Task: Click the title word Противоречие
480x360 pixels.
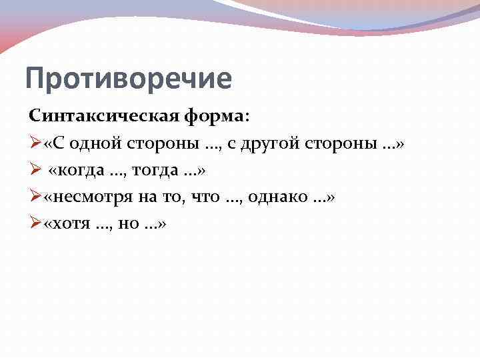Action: point(128,79)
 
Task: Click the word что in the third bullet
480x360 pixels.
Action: point(204,197)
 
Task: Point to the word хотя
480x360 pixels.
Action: point(73,224)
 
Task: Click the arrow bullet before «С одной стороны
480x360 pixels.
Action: point(35,144)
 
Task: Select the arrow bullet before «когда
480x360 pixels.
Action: point(35,171)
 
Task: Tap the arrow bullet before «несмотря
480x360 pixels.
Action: point(35,197)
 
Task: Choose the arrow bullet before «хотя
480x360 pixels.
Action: point(35,224)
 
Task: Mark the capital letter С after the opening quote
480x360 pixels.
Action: point(59,144)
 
